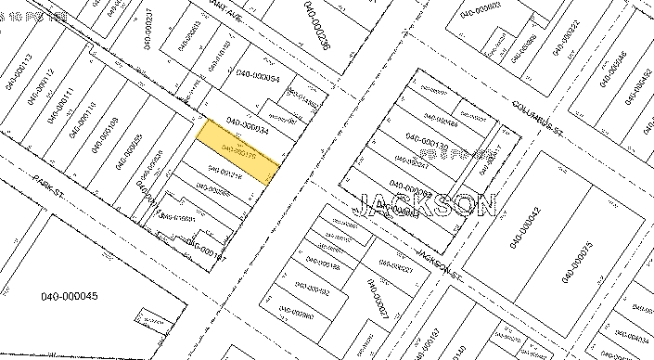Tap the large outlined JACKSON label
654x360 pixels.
[427, 204]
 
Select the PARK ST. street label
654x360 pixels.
[46, 174]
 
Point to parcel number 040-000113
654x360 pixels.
[19, 71]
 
